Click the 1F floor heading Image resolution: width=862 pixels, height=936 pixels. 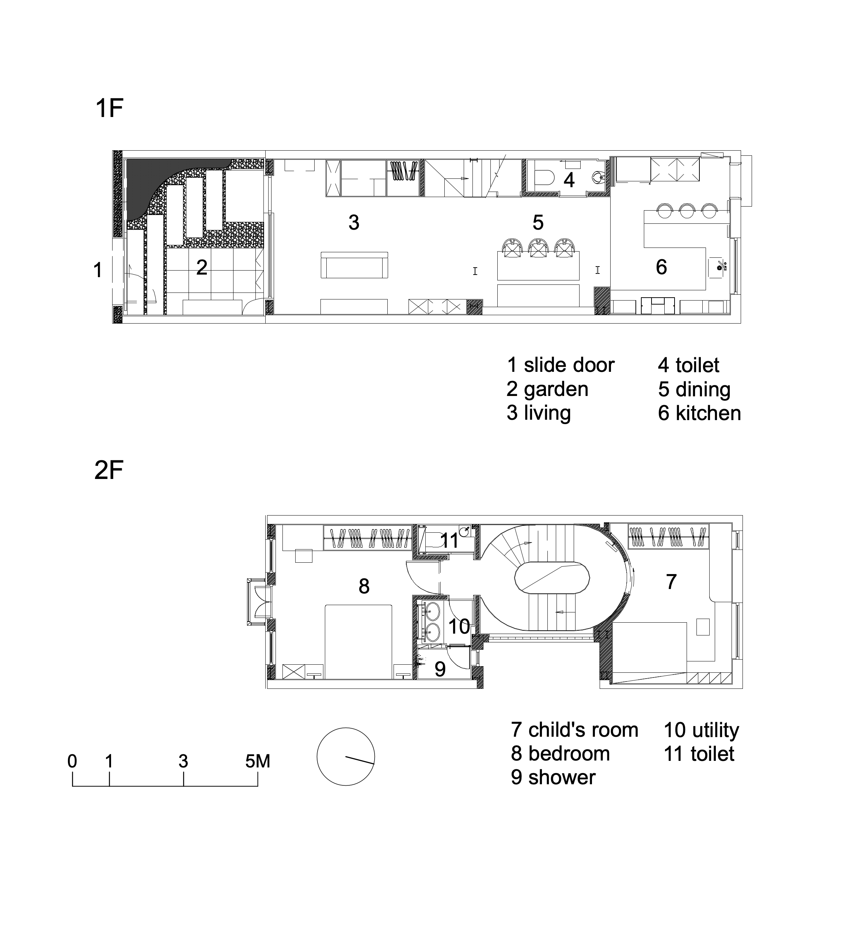coord(109,108)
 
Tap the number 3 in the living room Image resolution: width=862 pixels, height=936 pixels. coord(354,223)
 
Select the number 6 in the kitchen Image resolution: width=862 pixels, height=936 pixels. coord(661,267)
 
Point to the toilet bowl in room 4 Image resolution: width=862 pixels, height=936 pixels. coord(543,178)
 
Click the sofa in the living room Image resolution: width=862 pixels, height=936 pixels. coord(354,265)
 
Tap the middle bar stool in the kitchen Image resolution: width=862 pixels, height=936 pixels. coord(688,211)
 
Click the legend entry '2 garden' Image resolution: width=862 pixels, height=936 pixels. coord(548,389)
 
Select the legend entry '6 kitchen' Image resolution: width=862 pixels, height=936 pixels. coord(699,414)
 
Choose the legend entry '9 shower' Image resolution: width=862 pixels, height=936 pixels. coord(553,777)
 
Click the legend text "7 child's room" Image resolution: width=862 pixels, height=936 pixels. coord(575,730)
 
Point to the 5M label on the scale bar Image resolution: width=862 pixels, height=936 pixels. coord(258,762)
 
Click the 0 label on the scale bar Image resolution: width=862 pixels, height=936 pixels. coord(72,762)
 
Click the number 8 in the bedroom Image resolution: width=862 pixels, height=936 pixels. coord(364,586)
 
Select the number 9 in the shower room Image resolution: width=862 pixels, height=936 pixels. coord(440,669)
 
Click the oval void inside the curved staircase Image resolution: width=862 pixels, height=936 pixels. coord(552,577)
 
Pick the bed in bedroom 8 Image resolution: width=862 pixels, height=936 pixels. coord(358,642)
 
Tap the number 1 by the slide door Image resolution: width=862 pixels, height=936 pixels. coord(98,270)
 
